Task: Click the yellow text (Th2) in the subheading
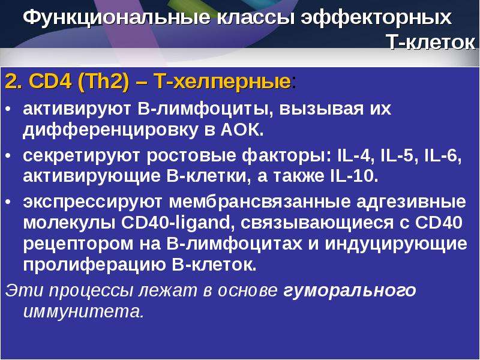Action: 103,82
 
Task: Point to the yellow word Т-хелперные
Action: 223,82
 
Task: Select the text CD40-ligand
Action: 176,223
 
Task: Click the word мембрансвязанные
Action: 260,202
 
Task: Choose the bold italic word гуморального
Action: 350,291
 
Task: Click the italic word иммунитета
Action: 83,312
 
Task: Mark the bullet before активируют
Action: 8,109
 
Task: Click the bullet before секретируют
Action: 8,156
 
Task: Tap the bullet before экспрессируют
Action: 8,202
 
